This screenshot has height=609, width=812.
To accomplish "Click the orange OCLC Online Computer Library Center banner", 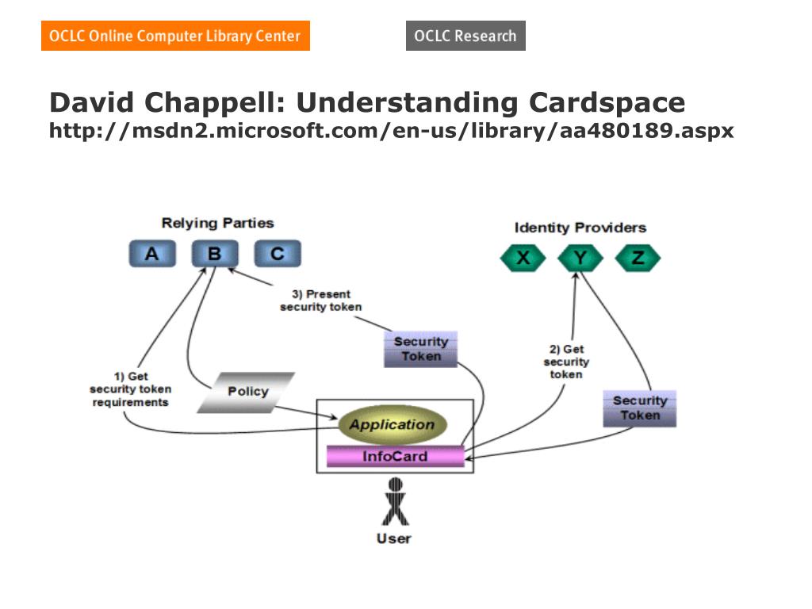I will click(175, 36).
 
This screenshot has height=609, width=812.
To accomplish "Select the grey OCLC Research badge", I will click(465, 36).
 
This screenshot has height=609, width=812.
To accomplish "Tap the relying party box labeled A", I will click(151, 254).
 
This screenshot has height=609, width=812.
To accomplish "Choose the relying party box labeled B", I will click(214, 254).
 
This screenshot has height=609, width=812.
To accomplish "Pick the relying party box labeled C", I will click(277, 254).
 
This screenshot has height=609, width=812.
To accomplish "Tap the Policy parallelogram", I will click(247, 392).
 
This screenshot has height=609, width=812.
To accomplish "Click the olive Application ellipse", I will click(392, 425).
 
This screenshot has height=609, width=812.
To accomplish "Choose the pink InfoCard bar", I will click(395, 457).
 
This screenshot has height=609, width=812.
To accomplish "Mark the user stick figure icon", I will click(394, 502).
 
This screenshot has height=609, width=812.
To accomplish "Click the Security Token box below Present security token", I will click(420, 349).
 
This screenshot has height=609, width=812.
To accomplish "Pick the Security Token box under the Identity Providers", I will click(639, 408).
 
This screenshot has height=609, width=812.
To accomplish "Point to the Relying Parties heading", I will click(217, 224).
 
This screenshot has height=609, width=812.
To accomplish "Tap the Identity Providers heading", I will click(580, 228).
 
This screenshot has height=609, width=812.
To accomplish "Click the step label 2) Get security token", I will click(566, 362).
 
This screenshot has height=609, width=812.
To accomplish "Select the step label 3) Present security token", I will click(321, 301).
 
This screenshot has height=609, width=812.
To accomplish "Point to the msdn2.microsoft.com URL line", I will click(392, 131).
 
